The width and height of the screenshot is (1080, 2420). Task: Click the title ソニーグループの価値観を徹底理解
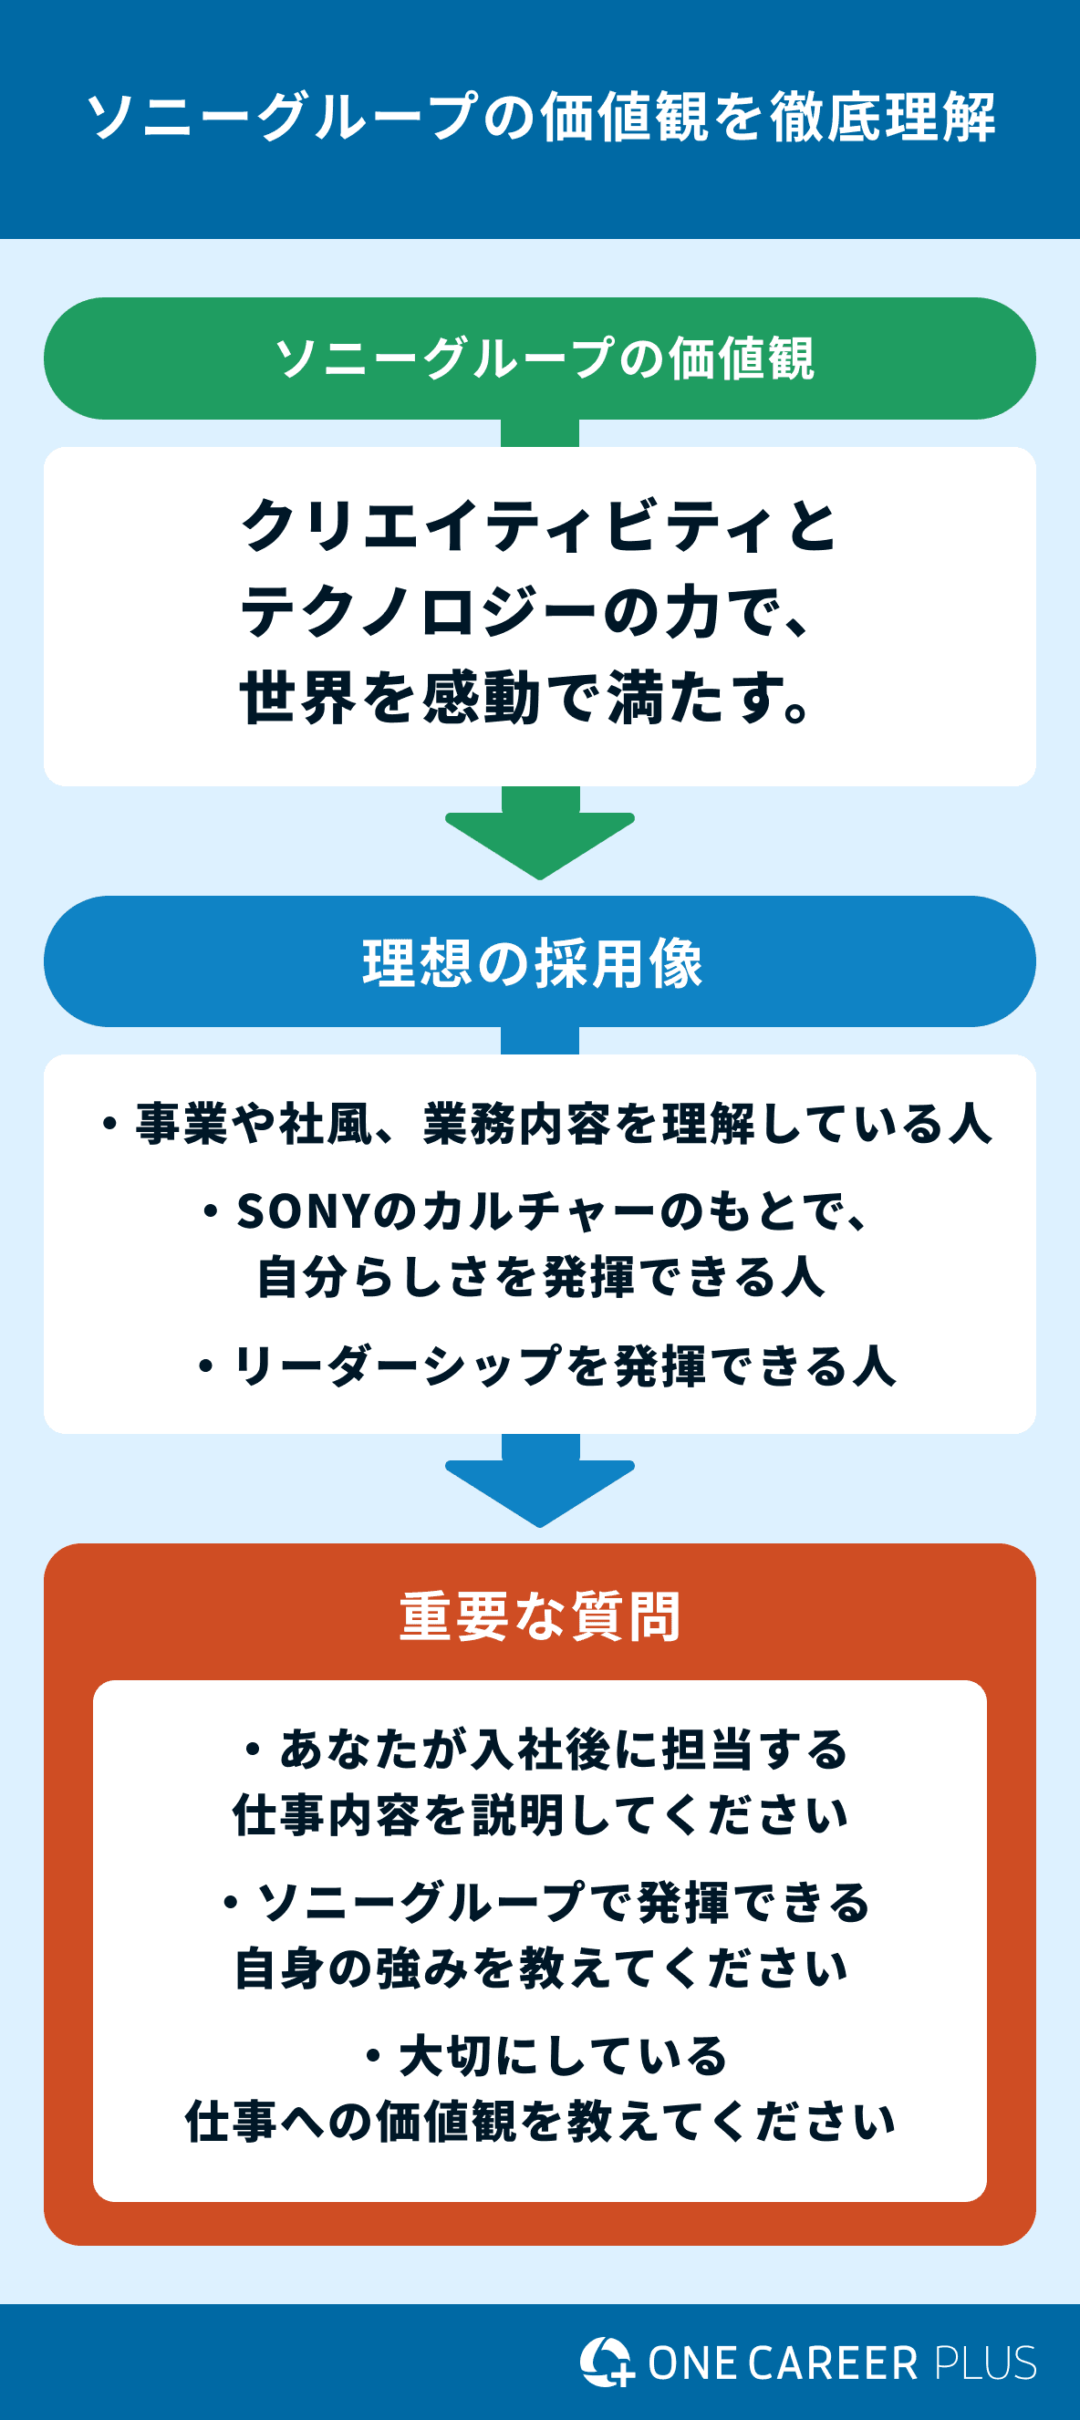[x=540, y=118]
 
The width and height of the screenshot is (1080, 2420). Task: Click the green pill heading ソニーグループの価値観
[x=543, y=358]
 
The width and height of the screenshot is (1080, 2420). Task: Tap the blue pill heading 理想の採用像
[x=533, y=963]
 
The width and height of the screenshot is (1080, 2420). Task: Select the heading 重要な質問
[x=540, y=1615]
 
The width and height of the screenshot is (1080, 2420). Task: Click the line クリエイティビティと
[x=538, y=526]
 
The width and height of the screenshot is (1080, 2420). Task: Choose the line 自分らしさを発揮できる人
[x=541, y=1278]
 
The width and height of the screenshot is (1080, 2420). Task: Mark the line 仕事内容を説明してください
[x=540, y=1815]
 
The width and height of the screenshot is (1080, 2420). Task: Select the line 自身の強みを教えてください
[x=540, y=1969]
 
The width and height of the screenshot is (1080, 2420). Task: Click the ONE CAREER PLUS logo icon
[x=606, y=2362]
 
